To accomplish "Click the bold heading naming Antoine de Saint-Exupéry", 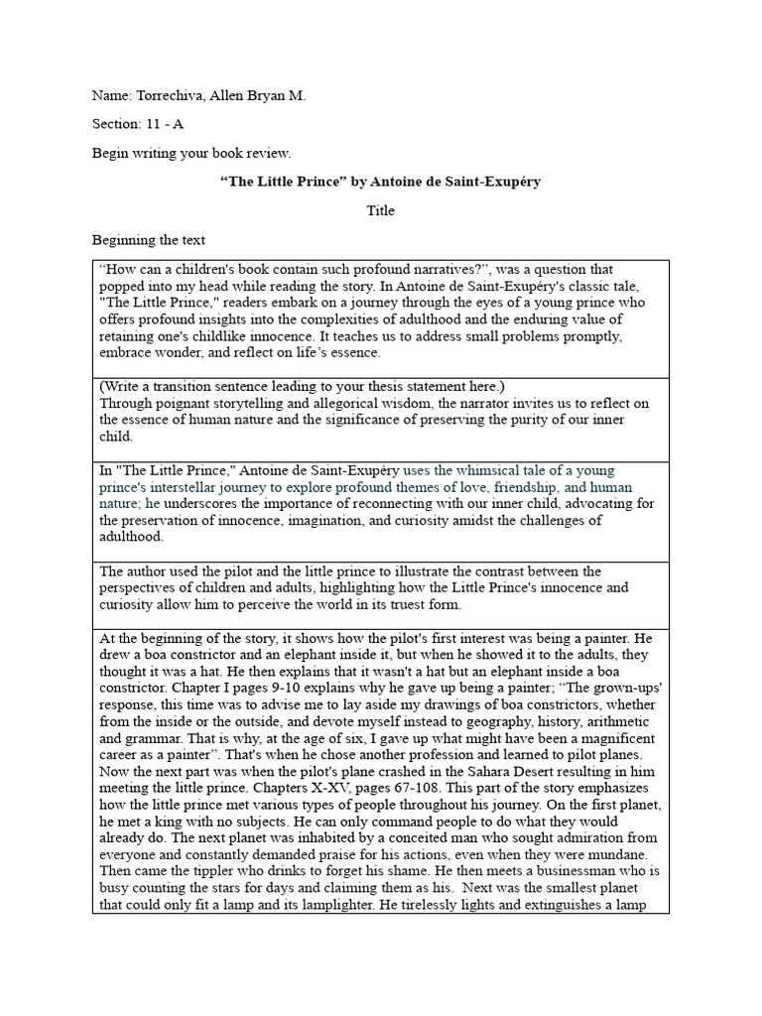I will click(380, 183).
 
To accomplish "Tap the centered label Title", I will click(381, 210).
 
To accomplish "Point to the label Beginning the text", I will click(148, 239).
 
